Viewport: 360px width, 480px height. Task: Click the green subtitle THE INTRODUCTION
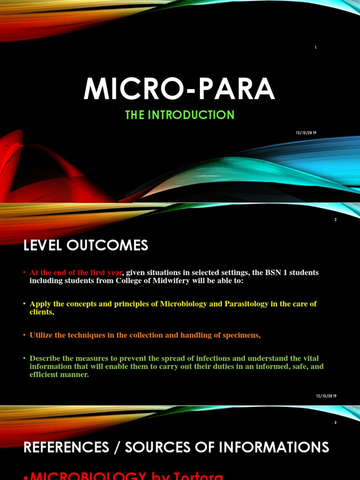180,115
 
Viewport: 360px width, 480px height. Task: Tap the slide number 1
316,47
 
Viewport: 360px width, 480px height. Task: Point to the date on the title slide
306,133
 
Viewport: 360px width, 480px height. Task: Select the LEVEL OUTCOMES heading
86,245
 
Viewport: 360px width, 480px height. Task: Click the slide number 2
336,220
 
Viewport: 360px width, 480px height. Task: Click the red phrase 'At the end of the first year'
75,273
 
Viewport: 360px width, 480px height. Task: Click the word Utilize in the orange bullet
41,335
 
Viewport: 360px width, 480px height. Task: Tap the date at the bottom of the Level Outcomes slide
326,396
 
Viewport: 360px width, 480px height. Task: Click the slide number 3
336,422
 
